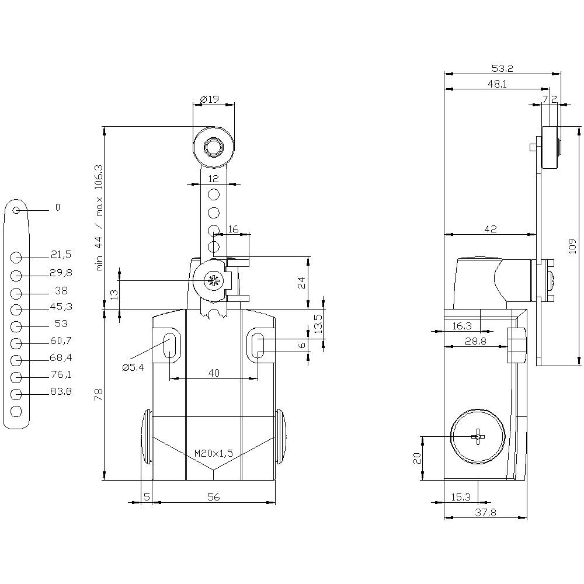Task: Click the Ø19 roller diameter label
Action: click(209, 100)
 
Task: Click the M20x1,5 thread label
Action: click(214, 453)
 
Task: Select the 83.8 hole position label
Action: click(61, 392)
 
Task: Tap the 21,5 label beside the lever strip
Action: click(61, 255)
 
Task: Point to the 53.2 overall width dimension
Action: click(502, 68)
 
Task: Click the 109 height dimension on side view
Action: click(573, 246)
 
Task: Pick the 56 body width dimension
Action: click(214, 497)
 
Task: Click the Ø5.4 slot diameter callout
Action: click(133, 367)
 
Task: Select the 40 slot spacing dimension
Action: click(214, 374)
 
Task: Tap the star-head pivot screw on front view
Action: click(213, 281)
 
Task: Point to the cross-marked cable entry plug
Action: click(478, 436)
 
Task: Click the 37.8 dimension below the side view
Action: click(485, 513)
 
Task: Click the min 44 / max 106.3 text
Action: click(99, 217)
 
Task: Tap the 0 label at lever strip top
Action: click(57, 207)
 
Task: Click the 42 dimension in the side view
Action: click(491, 230)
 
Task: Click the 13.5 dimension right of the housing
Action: click(318, 324)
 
